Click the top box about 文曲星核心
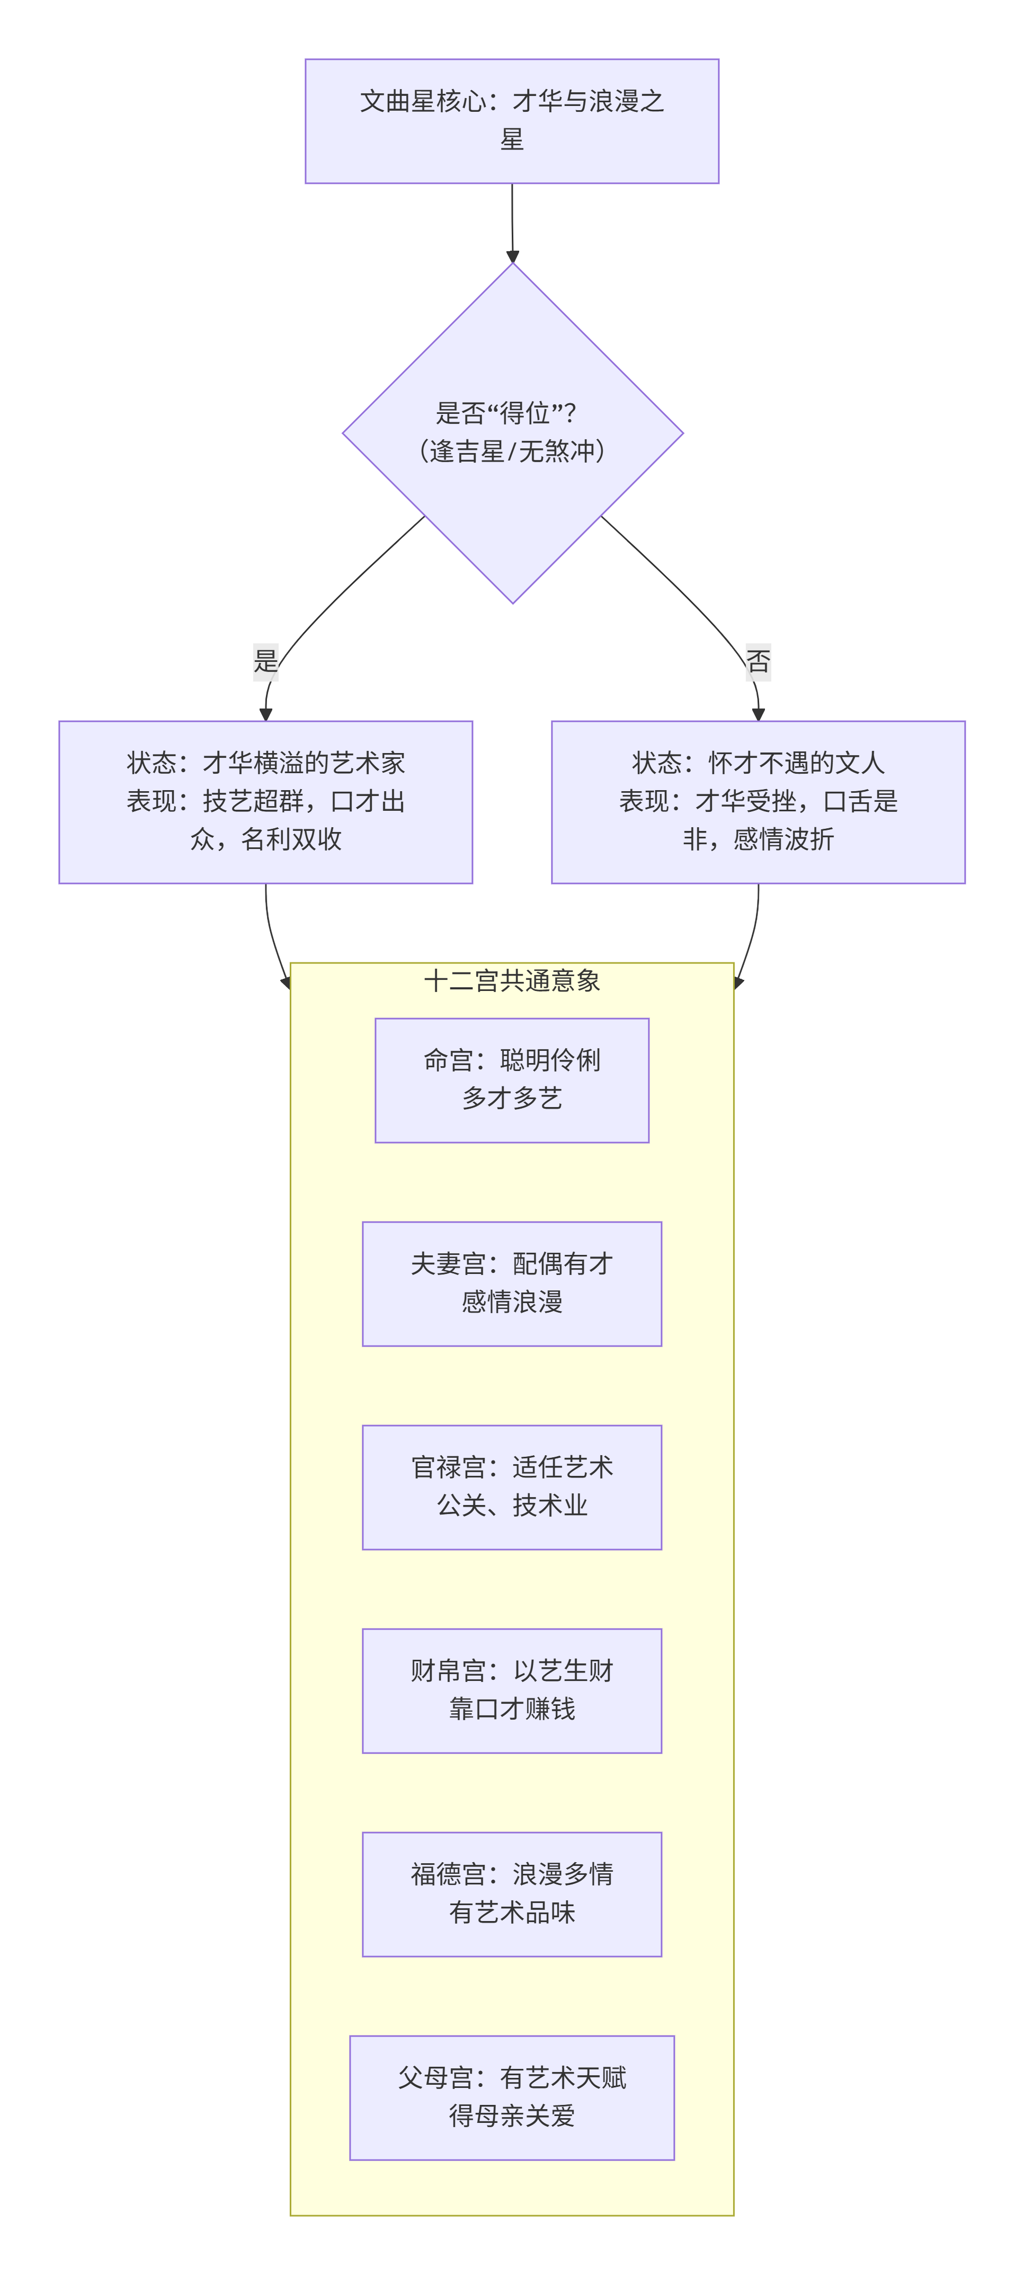[x=512, y=121]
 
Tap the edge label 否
[x=758, y=661]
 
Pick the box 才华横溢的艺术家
[x=266, y=801]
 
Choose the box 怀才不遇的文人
[x=758, y=801]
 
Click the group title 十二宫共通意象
[x=512, y=980]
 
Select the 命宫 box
[x=512, y=1079]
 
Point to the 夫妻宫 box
[x=512, y=1283]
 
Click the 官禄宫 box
[x=512, y=1486]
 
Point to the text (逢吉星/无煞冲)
[x=512, y=452]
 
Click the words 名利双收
[x=291, y=839]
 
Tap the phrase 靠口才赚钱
[x=512, y=1709]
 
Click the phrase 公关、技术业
[x=512, y=1505]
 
